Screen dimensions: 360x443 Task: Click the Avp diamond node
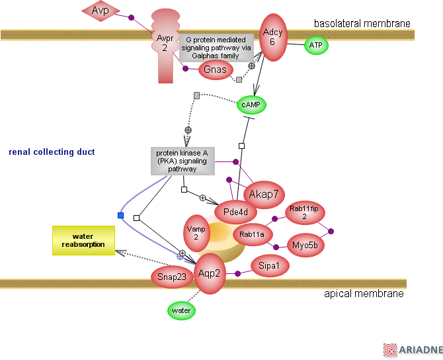[101, 10]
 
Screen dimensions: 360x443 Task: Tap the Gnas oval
[215, 69]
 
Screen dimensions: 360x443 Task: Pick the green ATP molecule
[315, 46]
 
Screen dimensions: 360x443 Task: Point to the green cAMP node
[251, 105]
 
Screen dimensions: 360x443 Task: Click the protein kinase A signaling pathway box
[181, 161]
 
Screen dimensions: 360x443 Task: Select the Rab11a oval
[253, 234]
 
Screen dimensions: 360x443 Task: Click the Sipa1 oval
[269, 267]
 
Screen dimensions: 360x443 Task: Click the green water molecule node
[181, 310]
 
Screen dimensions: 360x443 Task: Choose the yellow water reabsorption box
[83, 240]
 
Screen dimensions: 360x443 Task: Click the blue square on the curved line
[120, 215]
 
